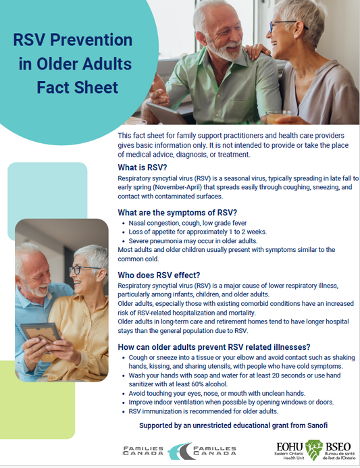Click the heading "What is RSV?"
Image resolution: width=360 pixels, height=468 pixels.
pyautogui.click(x=143, y=167)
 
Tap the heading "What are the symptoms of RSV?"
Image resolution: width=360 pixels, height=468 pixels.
pyautogui.click(x=177, y=213)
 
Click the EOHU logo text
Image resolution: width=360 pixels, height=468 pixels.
pyautogui.click(x=288, y=448)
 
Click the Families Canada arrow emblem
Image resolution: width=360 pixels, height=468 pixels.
pyautogui.click(x=180, y=451)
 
